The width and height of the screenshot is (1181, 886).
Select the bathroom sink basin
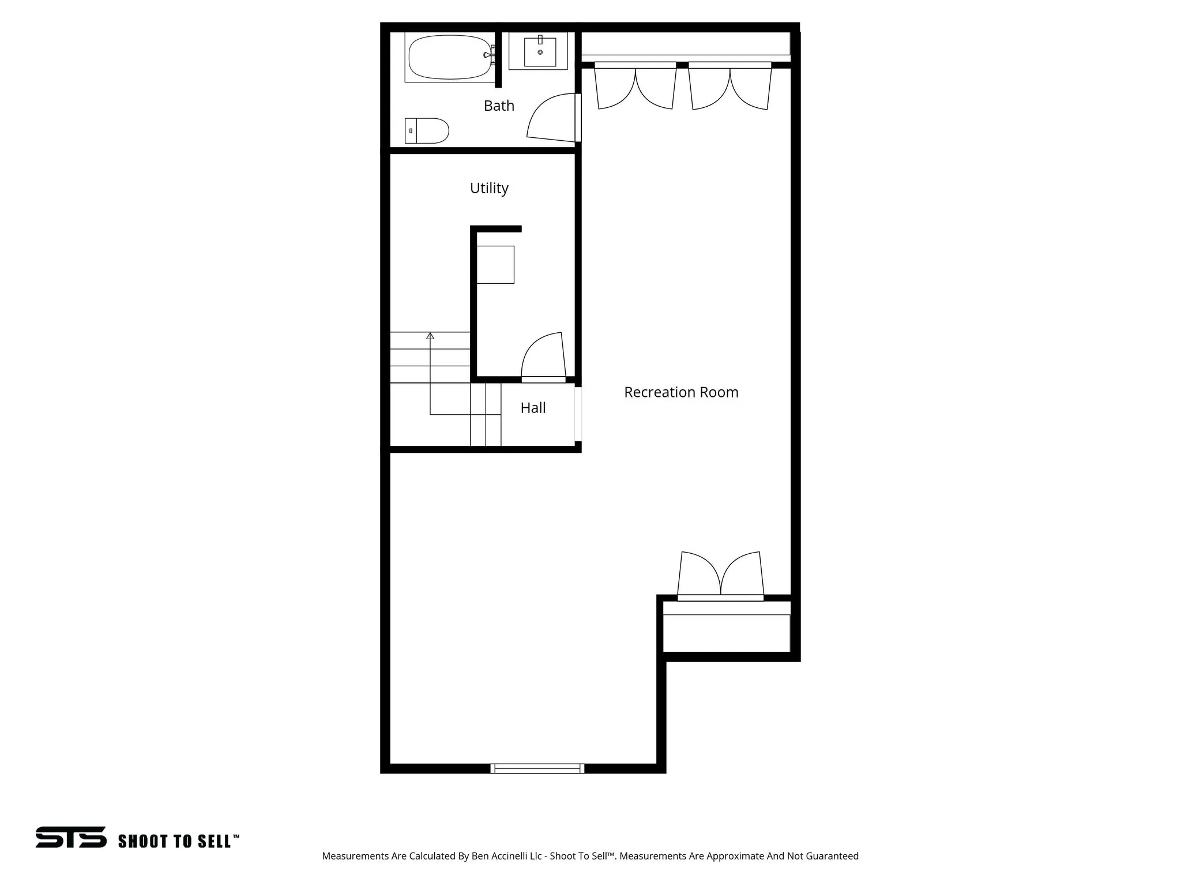pyautogui.click(x=540, y=52)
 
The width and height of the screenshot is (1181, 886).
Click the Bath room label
pyautogui.click(x=499, y=106)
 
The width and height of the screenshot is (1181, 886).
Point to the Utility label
pyautogui.click(x=489, y=188)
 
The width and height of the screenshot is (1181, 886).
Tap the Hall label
pyautogui.click(x=533, y=408)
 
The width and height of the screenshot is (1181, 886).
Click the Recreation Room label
pyautogui.click(x=681, y=392)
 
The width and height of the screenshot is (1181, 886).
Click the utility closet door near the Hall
pyautogui.click(x=543, y=358)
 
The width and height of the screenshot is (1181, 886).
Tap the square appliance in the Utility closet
pyautogui.click(x=495, y=265)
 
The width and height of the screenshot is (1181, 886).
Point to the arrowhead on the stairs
pyautogui.click(x=430, y=336)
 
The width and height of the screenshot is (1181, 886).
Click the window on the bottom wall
pyautogui.click(x=537, y=768)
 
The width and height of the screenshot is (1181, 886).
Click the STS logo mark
pyautogui.click(x=71, y=837)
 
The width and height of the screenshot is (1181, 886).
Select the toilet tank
pyautogui.click(x=411, y=131)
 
